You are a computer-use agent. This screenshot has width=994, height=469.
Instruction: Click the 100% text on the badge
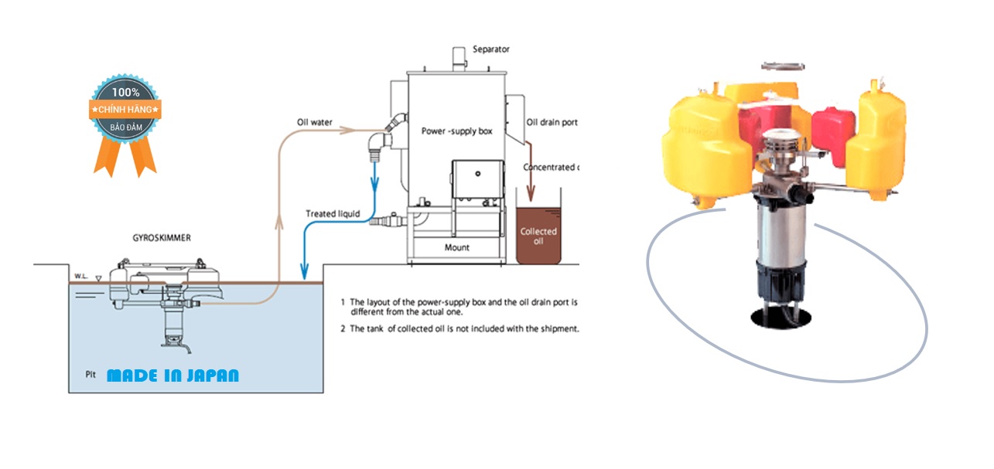[x=125, y=91]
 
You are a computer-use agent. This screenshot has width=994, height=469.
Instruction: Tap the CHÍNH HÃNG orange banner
[x=125, y=110]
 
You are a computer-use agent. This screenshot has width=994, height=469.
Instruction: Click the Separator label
[x=491, y=49]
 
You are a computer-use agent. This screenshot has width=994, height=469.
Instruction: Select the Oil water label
[x=315, y=123]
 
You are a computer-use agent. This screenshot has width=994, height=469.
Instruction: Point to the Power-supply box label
[x=456, y=131]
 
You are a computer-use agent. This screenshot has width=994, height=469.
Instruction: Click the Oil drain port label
[x=552, y=122]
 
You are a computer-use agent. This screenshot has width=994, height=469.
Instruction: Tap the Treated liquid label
[x=333, y=214]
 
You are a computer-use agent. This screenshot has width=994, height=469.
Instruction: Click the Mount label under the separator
[x=457, y=248]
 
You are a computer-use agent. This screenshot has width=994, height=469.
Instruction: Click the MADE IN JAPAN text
[x=173, y=376]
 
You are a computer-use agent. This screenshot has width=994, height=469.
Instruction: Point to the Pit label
[x=91, y=374]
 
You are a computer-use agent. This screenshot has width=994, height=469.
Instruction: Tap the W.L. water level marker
[x=80, y=275]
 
